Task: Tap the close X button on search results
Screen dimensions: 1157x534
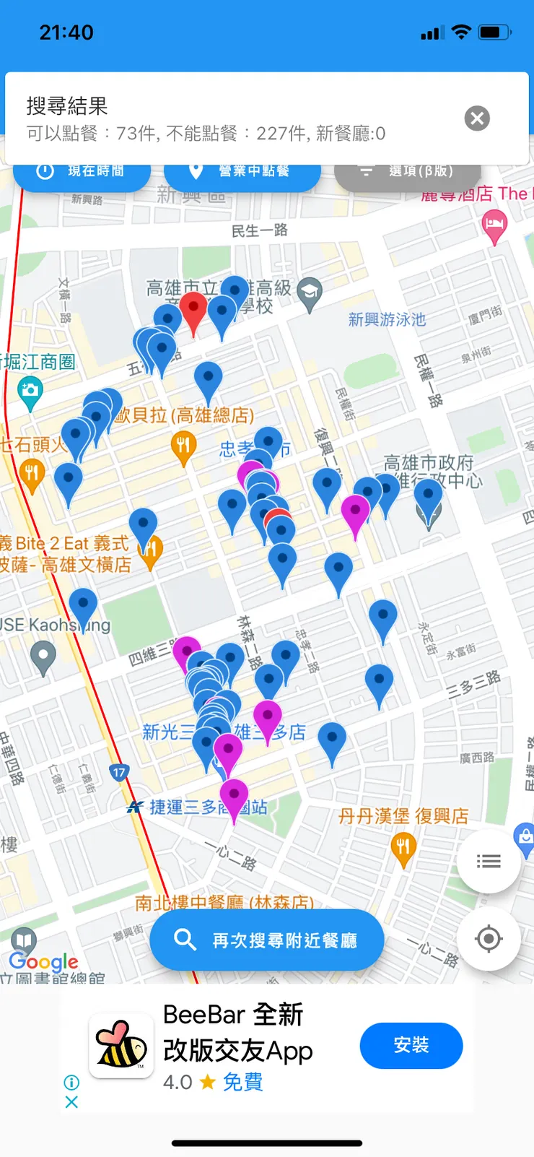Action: pyautogui.click(x=477, y=118)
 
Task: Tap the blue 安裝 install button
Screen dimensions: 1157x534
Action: pyautogui.click(x=411, y=1045)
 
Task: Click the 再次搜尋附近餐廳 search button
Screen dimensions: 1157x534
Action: pyautogui.click(x=267, y=940)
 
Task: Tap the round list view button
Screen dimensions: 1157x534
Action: pyautogui.click(x=489, y=861)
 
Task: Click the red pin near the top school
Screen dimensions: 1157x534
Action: pyautogui.click(x=193, y=309)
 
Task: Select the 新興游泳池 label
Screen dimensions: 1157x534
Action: pyautogui.click(x=387, y=319)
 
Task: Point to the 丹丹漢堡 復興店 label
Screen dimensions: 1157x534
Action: pyautogui.click(x=403, y=816)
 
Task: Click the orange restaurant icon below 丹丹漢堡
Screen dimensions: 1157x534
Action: pyautogui.click(x=403, y=847)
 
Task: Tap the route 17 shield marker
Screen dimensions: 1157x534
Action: pyautogui.click(x=119, y=772)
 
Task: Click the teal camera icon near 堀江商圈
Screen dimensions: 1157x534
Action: pyautogui.click(x=30, y=392)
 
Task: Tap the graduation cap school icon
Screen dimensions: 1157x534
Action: pyautogui.click(x=310, y=292)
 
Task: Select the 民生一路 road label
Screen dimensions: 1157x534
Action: pyautogui.click(x=259, y=230)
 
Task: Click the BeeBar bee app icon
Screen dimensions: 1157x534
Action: pyautogui.click(x=121, y=1046)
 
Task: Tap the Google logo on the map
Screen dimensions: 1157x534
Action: pyautogui.click(x=43, y=961)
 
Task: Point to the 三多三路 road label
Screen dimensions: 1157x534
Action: pyautogui.click(x=473, y=683)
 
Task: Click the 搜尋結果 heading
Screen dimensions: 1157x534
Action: pyautogui.click(x=67, y=106)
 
